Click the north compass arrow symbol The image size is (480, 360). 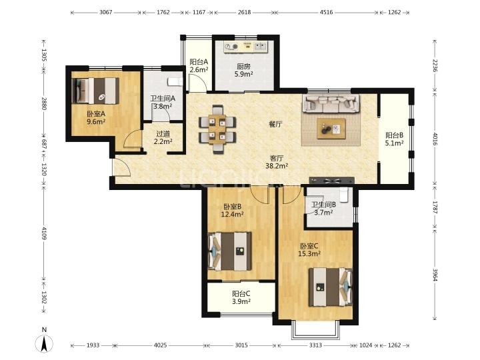[x=45, y=343]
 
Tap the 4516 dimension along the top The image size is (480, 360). [x=326, y=13]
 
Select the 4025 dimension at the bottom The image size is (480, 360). [x=161, y=345]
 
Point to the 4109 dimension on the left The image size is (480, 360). [x=44, y=233]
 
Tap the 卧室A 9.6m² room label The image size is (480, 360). [x=96, y=117]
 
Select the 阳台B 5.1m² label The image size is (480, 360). [x=394, y=139]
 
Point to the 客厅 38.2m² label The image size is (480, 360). [x=277, y=162]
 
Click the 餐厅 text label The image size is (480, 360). [x=275, y=124]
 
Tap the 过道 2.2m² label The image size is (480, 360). [x=163, y=138]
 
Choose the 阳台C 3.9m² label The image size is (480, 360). [x=241, y=297]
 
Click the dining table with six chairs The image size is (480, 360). [x=217, y=129]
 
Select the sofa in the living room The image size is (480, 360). [x=331, y=103]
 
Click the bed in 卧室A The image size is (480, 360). [x=95, y=91]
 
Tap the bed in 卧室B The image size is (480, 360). [x=229, y=251]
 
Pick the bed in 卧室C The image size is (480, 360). [x=330, y=287]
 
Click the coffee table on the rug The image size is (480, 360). [x=331, y=129]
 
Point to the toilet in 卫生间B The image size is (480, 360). [x=344, y=195]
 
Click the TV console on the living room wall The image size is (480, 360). [x=332, y=181]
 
